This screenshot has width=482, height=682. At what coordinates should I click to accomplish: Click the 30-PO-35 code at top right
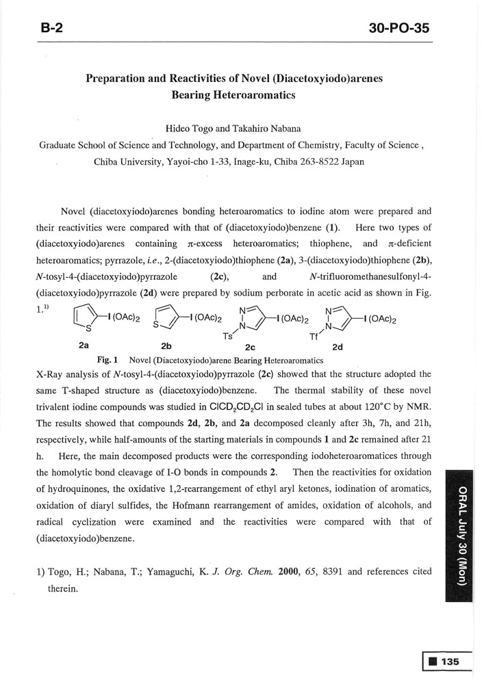[x=401, y=28]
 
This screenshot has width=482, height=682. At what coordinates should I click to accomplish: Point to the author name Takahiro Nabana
[x=268, y=129]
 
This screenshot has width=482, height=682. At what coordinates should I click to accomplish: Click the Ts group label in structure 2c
[x=228, y=337]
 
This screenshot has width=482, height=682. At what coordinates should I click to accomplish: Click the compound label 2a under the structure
[x=85, y=345]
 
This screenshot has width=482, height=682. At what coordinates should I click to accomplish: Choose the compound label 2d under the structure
[x=338, y=347]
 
